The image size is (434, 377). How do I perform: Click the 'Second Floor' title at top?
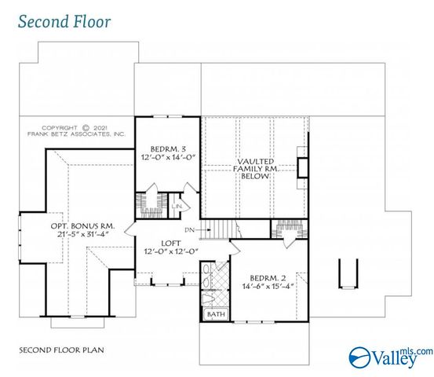64,22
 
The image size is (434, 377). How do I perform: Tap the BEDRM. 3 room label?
168,149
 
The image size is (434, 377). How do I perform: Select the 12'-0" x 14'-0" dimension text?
168,157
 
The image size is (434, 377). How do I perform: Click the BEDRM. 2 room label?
268,278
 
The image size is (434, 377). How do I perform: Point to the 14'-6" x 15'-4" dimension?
268,286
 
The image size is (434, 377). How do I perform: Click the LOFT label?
171,243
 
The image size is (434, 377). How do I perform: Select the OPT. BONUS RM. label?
82,226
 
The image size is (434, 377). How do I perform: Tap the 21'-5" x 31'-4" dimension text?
82,234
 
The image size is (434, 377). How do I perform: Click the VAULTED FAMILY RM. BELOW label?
256,169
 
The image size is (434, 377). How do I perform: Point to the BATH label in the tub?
216,314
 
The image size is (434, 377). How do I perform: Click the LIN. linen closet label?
177,207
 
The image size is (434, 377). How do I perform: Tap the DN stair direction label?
190,229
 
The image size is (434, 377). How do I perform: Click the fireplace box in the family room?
302,168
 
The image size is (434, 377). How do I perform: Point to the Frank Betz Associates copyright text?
76,131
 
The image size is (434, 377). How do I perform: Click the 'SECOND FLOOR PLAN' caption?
61,350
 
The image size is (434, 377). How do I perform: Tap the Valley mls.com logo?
390,357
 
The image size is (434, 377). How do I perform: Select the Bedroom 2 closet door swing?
289,243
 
